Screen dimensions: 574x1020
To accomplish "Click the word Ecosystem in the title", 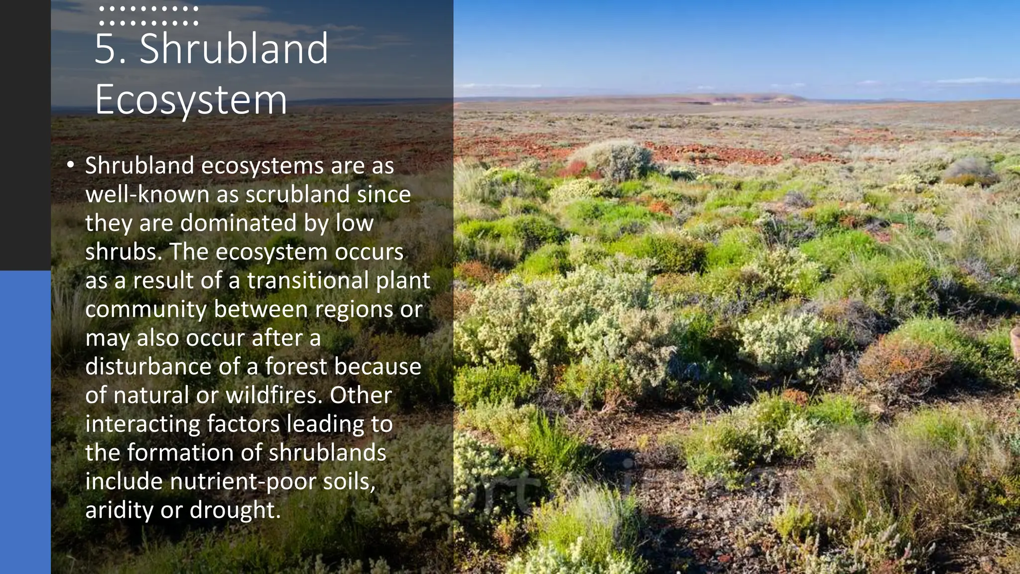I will click(x=191, y=100).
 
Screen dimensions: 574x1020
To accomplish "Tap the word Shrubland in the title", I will click(x=234, y=49).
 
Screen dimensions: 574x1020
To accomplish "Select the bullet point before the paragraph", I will click(x=71, y=164).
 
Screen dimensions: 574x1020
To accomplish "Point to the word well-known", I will click(x=147, y=194).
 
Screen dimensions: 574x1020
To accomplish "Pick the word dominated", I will click(x=238, y=223).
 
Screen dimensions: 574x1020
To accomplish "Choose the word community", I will click(x=145, y=309).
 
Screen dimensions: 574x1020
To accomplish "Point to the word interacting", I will click(x=142, y=424).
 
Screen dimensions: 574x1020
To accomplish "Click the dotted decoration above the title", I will click(x=148, y=15).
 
